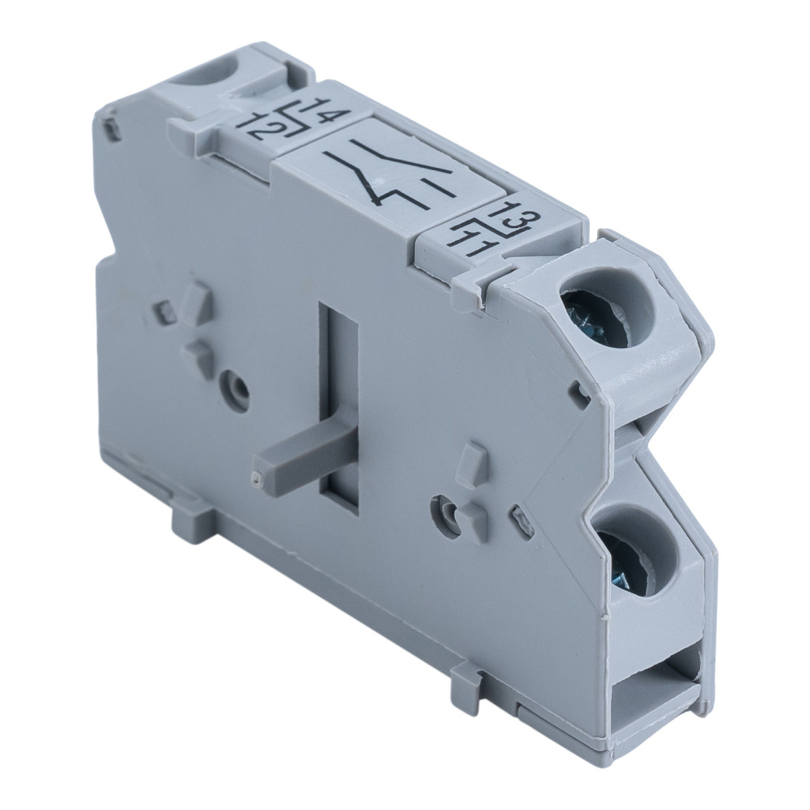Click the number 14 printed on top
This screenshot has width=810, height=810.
point(325,112)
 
